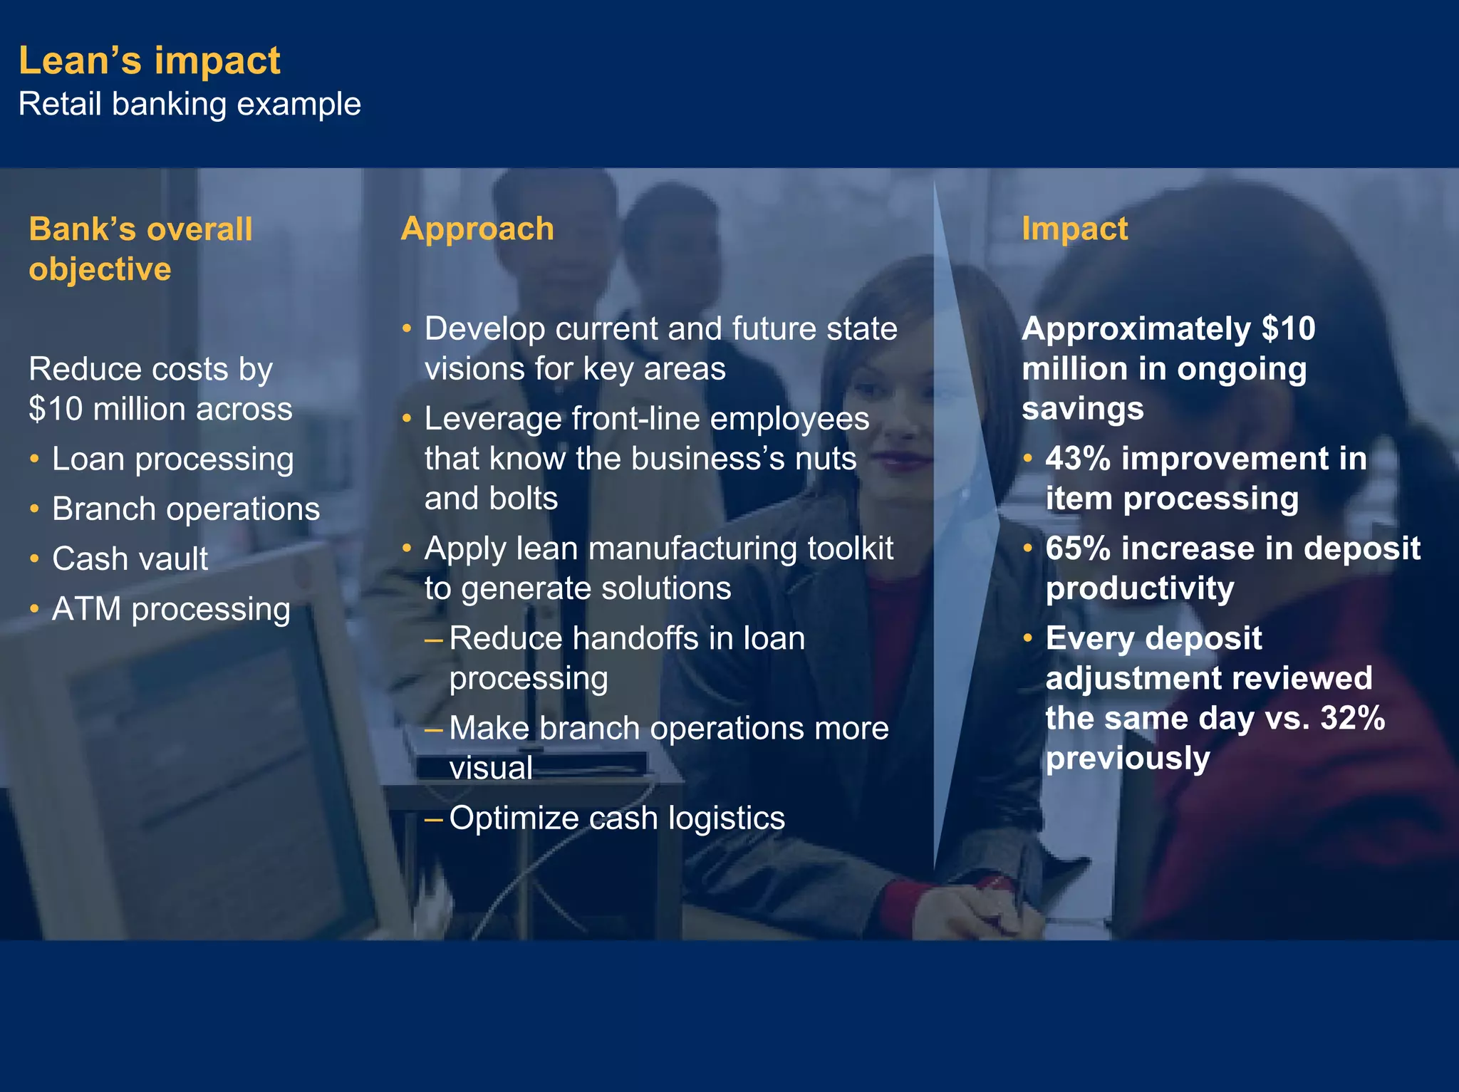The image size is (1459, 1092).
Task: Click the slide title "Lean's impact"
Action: click(x=149, y=61)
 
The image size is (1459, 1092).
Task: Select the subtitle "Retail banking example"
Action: click(x=189, y=104)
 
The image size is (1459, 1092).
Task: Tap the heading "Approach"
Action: click(x=477, y=229)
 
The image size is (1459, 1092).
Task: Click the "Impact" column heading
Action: click(x=1074, y=229)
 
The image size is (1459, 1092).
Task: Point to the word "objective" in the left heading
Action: click(x=100, y=270)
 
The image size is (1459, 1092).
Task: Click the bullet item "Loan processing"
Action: click(x=172, y=459)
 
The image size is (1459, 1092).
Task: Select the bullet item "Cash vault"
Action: click(x=130, y=559)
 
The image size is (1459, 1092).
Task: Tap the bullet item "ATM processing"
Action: click(x=171, y=610)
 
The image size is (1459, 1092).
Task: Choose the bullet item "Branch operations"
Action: click(x=186, y=509)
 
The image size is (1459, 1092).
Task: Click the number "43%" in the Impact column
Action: click(x=1078, y=459)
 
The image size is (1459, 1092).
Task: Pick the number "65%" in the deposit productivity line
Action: click(x=1078, y=548)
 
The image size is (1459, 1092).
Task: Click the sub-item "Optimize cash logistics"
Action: click(x=617, y=818)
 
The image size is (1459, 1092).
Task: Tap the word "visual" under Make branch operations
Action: click(x=491, y=769)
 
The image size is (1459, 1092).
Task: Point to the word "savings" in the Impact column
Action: click(x=1082, y=409)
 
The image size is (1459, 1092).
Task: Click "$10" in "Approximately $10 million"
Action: click(x=1288, y=329)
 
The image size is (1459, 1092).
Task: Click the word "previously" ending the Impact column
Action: click(x=1128, y=758)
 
